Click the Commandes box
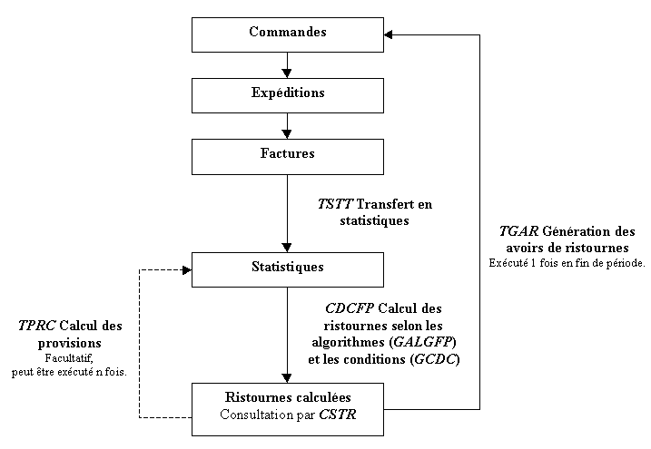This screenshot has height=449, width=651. pyautogui.click(x=288, y=34)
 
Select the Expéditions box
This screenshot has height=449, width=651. pyautogui.click(x=288, y=93)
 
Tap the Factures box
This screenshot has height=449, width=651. pyautogui.click(x=288, y=154)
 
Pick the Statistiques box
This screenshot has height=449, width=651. pyautogui.click(x=288, y=268)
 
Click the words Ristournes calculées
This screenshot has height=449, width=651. pyautogui.click(x=288, y=398)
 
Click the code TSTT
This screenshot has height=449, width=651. pyautogui.click(x=334, y=204)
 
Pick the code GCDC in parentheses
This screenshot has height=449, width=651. pyautogui.click(x=439, y=358)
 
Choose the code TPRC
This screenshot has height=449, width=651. pyautogui.click(x=36, y=326)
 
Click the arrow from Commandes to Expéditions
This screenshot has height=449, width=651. pyautogui.click(x=288, y=64)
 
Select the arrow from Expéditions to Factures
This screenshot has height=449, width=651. pyautogui.click(x=288, y=124)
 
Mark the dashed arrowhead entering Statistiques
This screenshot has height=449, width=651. pyautogui.click(x=185, y=268)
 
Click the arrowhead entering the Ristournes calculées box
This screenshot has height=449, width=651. pyautogui.click(x=288, y=377)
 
